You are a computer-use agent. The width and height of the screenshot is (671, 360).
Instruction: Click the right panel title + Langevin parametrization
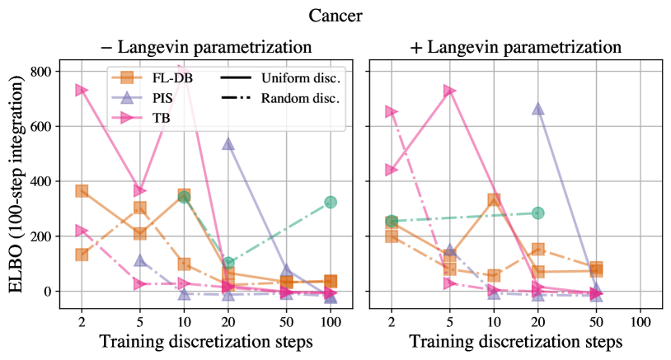[x=515, y=46]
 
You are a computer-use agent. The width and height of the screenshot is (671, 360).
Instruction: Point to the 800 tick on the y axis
[x=40, y=72]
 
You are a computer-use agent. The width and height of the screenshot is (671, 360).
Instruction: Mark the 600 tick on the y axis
[x=40, y=127]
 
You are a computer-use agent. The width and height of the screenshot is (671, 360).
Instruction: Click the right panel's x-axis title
[x=516, y=340]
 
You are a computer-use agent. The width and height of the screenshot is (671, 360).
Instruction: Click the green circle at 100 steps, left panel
[x=331, y=202]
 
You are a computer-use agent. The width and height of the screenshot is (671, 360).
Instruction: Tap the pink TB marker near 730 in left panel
[x=82, y=89]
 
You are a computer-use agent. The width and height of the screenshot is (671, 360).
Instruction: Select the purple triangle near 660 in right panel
[x=538, y=109]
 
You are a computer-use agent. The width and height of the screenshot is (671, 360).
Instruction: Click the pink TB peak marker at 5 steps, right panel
[x=449, y=90]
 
